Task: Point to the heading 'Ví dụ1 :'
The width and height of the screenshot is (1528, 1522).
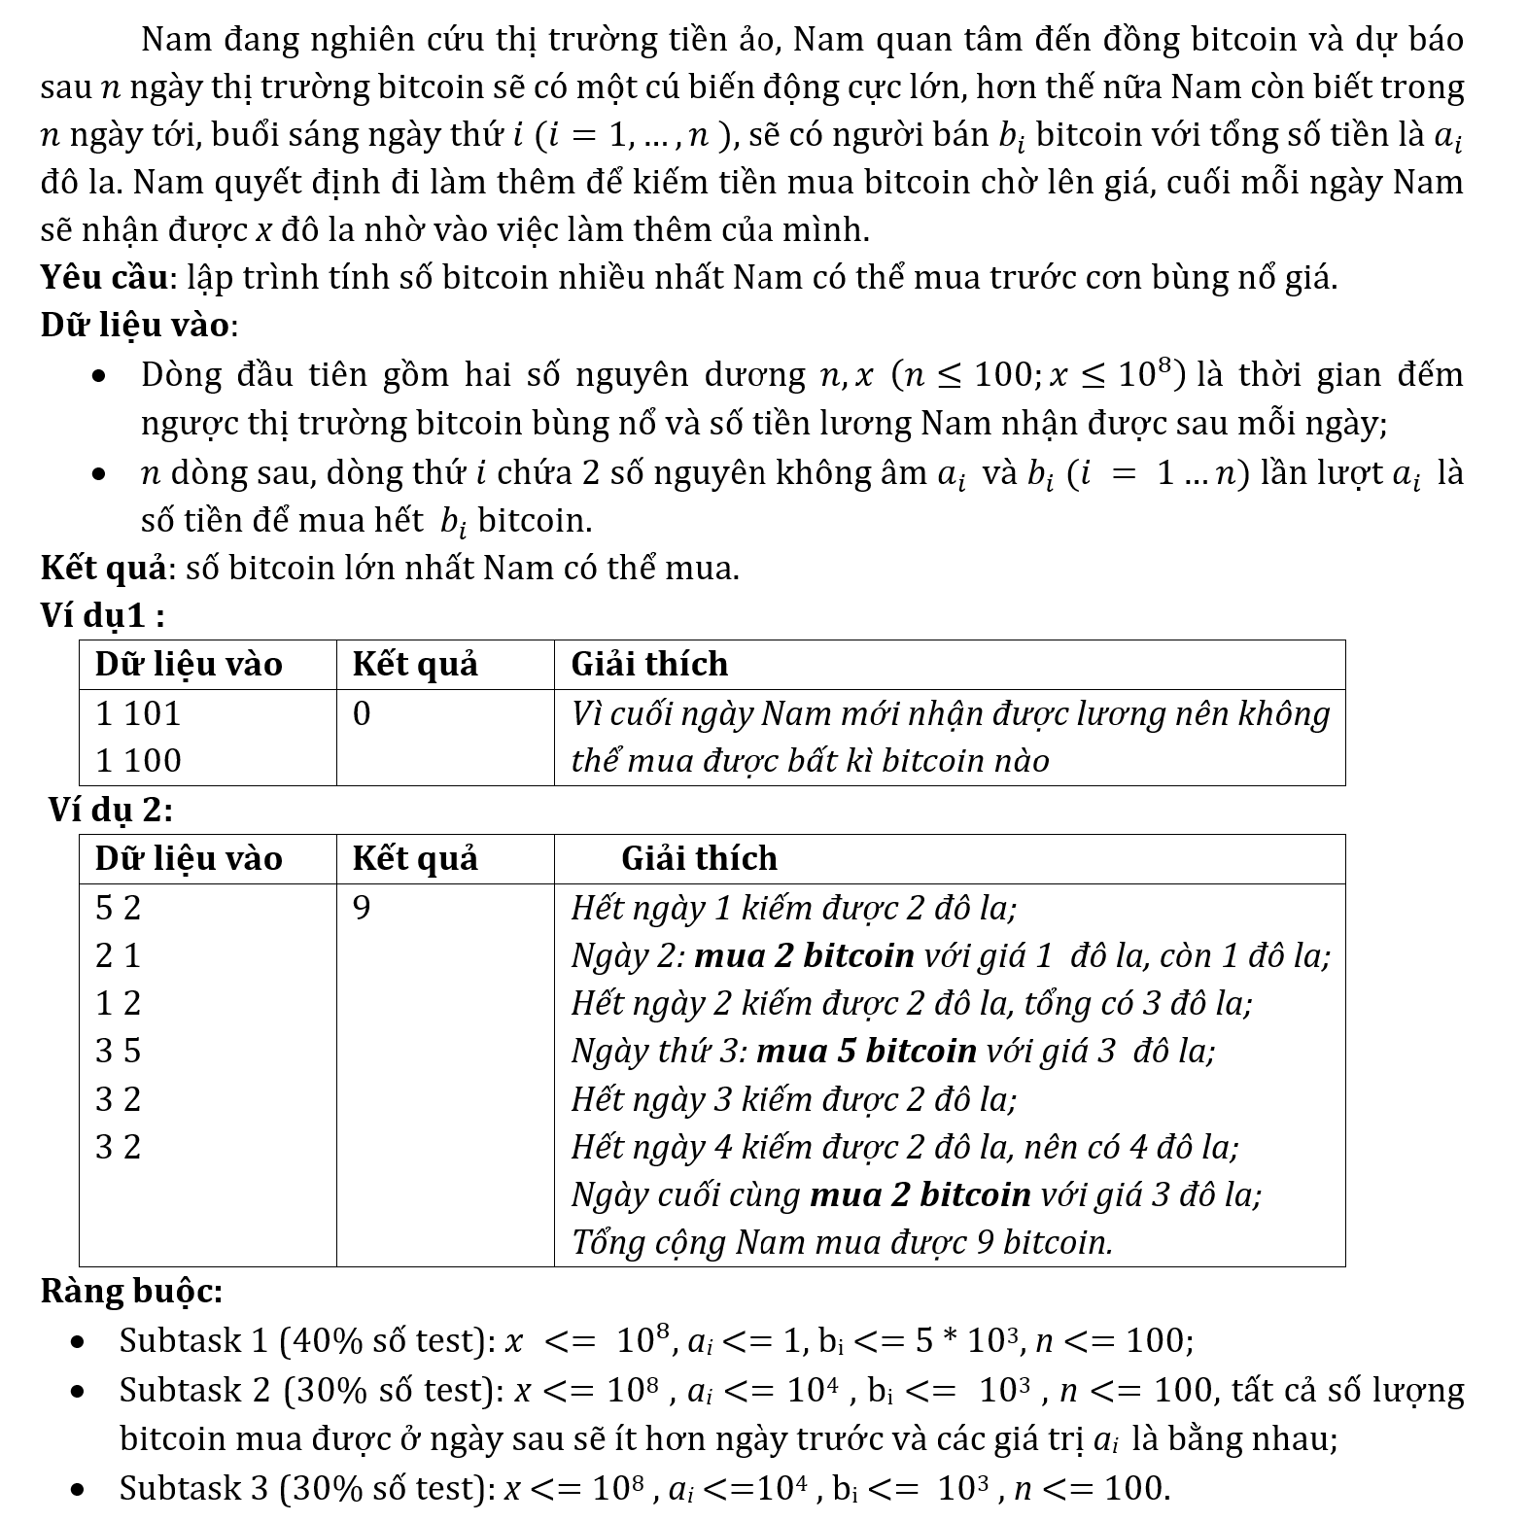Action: [x=102, y=615]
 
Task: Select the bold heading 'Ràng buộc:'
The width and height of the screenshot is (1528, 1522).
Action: [x=131, y=1292]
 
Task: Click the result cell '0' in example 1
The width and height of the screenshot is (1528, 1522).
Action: [x=362, y=714]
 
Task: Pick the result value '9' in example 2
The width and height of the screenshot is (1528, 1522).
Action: [x=362, y=908]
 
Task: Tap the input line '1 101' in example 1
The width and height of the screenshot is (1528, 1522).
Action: [x=138, y=714]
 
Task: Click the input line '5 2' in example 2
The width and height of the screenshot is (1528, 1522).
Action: [x=118, y=908]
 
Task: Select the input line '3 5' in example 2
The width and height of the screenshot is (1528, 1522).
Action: [x=118, y=1052]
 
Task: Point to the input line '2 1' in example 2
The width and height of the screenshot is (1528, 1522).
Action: [x=118, y=956]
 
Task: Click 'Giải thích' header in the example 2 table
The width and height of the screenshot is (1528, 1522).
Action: [x=699, y=859]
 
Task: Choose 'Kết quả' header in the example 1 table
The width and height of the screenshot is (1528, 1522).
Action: [x=415, y=665]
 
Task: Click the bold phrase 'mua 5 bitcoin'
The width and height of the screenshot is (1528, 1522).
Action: [x=866, y=1052]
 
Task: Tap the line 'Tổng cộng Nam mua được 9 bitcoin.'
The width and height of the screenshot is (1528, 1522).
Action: [x=842, y=1243]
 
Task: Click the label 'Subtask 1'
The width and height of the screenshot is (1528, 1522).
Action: [x=193, y=1341]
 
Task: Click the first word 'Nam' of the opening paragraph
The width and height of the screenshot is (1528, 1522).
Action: [x=172, y=40]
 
